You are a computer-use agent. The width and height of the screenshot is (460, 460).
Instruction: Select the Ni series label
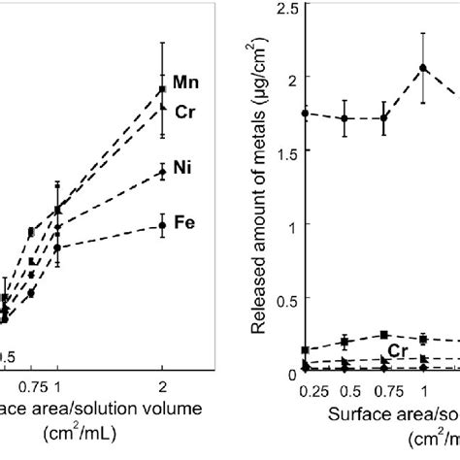[181, 168]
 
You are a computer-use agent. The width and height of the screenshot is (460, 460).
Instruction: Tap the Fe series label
[183, 222]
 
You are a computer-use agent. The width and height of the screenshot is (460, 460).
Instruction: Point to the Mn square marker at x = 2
[162, 90]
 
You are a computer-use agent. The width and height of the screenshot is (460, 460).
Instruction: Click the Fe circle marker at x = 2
[162, 225]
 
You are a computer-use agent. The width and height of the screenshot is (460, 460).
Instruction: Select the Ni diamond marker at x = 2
[162, 172]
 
